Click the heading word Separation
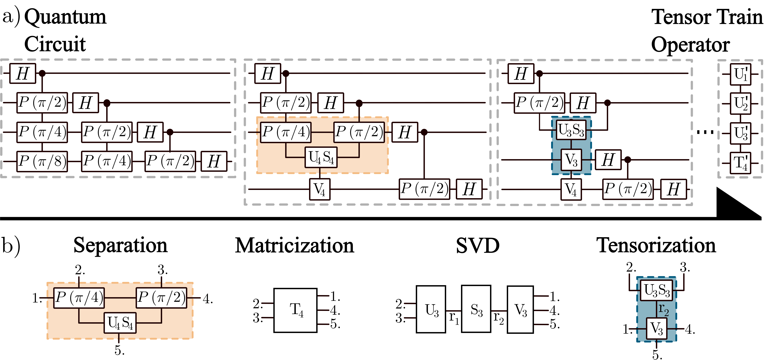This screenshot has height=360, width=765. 120,246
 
